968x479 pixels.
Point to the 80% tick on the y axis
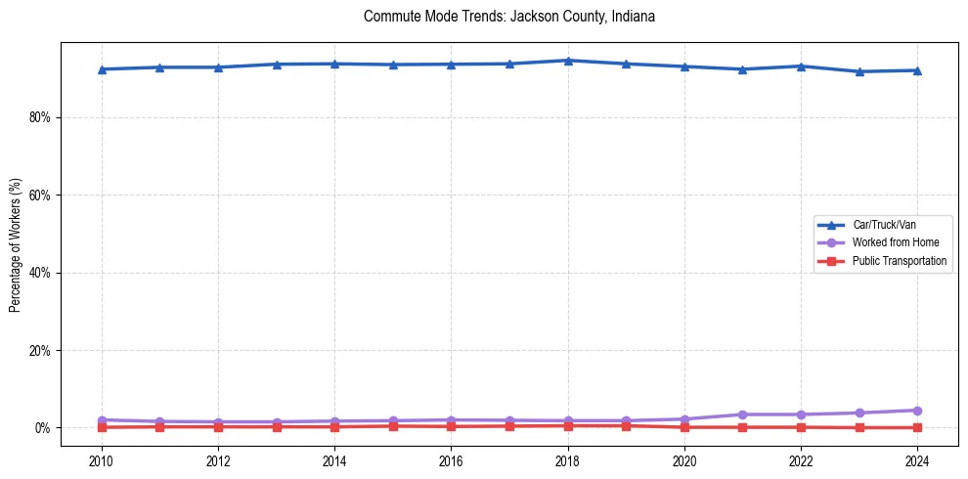coord(42,117)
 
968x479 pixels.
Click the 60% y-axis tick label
coord(42,195)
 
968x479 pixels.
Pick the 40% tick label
coord(42,273)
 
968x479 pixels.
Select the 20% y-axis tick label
coord(42,350)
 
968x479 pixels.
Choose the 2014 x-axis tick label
coord(334,459)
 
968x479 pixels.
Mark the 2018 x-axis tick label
coord(568,459)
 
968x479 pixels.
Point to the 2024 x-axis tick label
coord(917,459)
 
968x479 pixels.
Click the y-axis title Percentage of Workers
coord(16,244)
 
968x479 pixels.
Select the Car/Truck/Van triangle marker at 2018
coord(568,61)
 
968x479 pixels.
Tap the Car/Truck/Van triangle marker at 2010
coord(102,69)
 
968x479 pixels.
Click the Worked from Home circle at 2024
coord(917,411)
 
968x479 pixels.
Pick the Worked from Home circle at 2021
coord(743,414)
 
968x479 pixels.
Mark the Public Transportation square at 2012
coord(218,426)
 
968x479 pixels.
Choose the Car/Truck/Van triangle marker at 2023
coord(859,71)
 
